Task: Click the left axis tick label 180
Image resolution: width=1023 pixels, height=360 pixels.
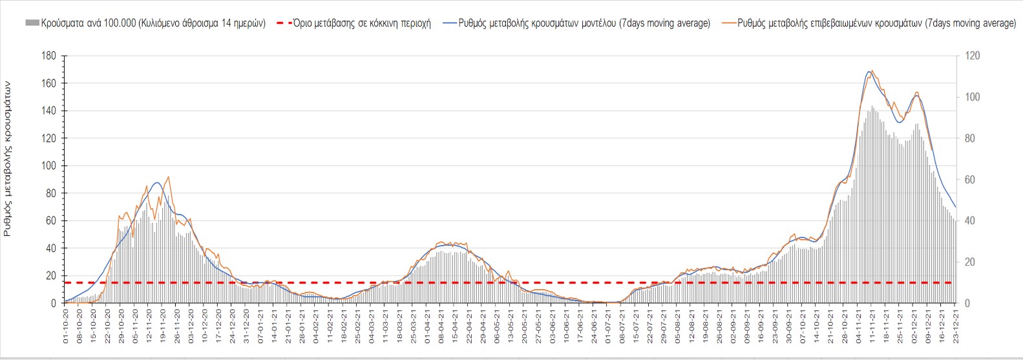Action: (x=49, y=56)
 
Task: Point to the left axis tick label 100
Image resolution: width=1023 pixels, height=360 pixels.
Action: (x=49, y=166)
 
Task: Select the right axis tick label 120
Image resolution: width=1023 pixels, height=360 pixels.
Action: (x=972, y=56)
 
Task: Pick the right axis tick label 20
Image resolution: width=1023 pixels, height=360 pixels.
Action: (x=969, y=262)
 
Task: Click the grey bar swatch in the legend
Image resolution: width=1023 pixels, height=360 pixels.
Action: (x=32, y=23)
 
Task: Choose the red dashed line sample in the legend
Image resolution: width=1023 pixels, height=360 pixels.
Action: (x=284, y=23)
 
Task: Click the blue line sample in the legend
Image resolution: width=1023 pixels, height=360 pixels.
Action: (x=450, y=23)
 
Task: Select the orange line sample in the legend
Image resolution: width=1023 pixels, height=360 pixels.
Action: (x=729, y=23)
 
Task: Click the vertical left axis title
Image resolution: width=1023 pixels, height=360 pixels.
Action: (x=8, y=158)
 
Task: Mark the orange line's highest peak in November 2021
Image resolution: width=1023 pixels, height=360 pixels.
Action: (x=872, y=70)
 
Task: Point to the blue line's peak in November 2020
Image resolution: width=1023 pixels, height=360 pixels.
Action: (x=157, y=182)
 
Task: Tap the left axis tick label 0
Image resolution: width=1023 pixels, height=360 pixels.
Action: (x=54, y=304)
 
